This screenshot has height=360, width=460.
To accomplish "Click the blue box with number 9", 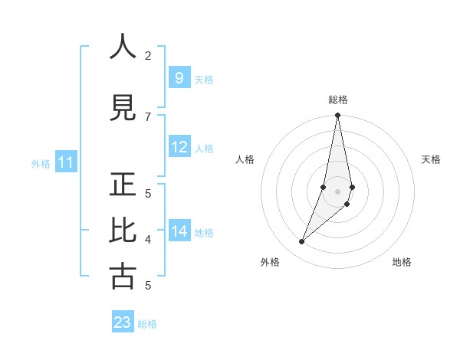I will coord(179,78).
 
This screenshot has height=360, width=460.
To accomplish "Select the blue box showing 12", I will coord(179,147).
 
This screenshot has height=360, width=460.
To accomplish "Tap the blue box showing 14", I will coord(179,231).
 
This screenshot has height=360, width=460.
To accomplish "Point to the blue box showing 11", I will coord(65,162).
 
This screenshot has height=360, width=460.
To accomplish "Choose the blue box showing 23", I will coord(123,322).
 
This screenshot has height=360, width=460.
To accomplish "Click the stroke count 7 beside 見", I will coord(148,116).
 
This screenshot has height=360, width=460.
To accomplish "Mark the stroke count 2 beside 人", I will coord(148,55).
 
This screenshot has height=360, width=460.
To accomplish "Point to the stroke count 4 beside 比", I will coord(148,240).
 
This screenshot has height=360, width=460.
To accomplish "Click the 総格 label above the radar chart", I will coord(337,100).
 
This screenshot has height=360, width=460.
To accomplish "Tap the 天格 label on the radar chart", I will coord(431,159).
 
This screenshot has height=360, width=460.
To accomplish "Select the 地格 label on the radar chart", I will coord(402,262).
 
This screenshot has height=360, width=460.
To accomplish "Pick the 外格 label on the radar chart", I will coord(270,262).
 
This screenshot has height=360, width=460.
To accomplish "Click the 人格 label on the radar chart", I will coord(245,159).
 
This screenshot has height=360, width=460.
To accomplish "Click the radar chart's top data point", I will coord(337,116).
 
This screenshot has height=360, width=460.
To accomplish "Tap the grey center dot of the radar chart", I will coord(337,191).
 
